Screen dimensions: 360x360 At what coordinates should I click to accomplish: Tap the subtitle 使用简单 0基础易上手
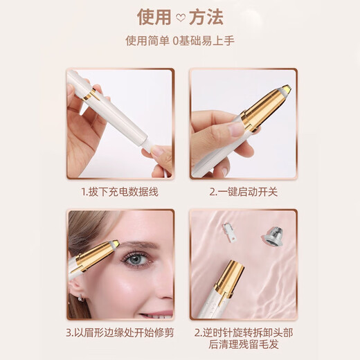(x=180, y=41)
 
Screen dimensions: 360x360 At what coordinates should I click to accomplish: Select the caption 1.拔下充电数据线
(x=120, y=192)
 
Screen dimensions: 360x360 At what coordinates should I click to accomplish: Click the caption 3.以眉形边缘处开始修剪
(x=120, y=332)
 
